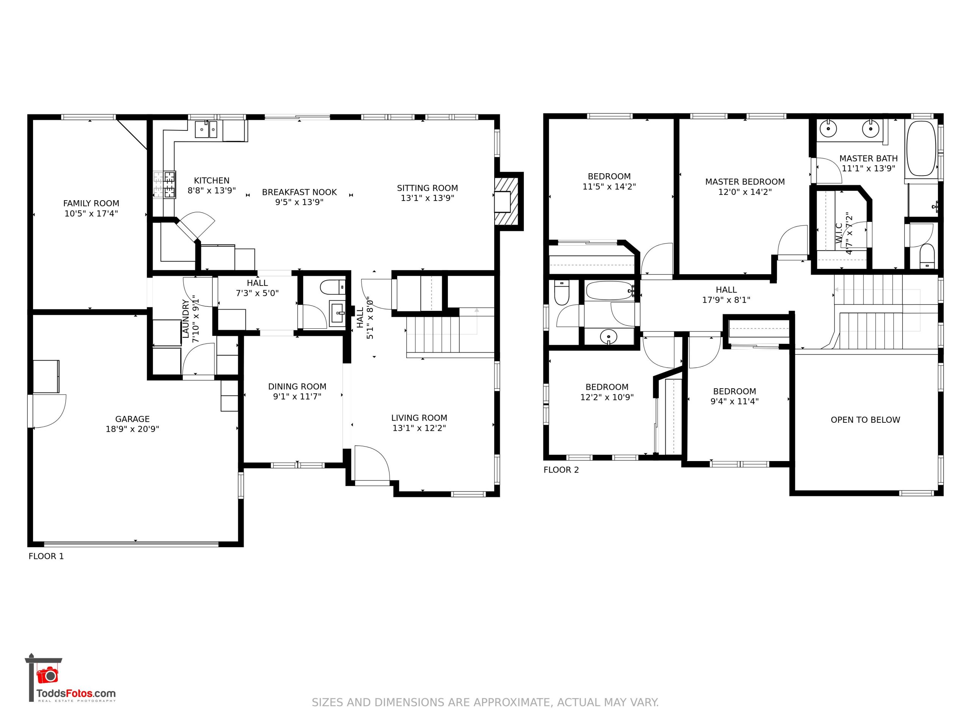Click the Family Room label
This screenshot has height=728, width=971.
pos(91,203)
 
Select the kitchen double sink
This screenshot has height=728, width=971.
pos(206,129)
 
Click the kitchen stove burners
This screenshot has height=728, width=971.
pos(165,184)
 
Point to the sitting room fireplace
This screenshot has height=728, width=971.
pos(507,201)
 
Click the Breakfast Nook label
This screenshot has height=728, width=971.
pos(299,192)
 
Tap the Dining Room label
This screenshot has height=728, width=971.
pos(297,387)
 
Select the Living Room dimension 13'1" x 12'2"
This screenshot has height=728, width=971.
pos(419,428)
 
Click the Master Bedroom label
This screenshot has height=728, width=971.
pos(745,182)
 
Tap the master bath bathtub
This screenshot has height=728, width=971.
pos(921,148)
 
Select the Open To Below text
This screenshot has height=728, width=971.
pos(865,420)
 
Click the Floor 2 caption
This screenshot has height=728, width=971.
pos(561,470)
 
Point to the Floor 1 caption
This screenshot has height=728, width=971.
pos(46,556)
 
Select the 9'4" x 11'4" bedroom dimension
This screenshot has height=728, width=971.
pos(734,401)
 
